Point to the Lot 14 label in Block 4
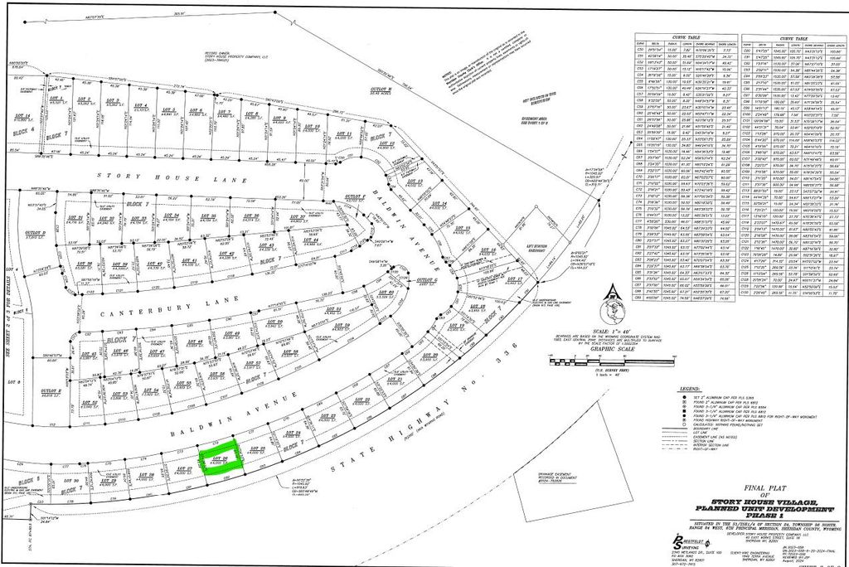point(22,118)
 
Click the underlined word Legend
point(690,388)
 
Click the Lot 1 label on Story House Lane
point(56,99)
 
